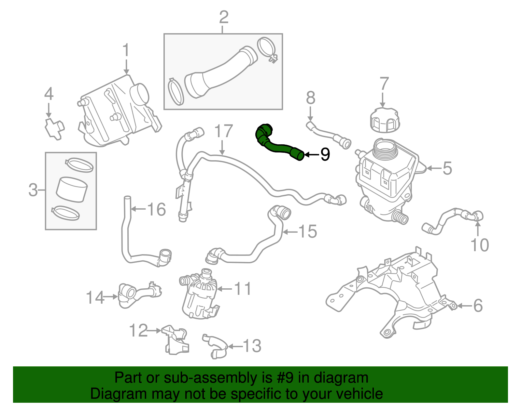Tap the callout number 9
pyautogui.click(x=325, y=154)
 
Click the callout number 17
pyautogui.click(x=224, y=131)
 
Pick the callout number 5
pyautogui.click(x=447, y=168)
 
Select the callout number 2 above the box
pyautogui.click(x=224, y=17)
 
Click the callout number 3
pyautogui.click(x=33, y=190)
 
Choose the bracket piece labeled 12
pyautogui.click(x=176, y=339)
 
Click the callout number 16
pyautogui.click(x=157, y=209)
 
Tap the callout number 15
pyautogui.click(x=308, y=231)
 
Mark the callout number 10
pyautogui.click(x=480, y=245)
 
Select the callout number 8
pyautogui.click(x=311, y=98)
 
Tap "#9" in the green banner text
pyautogui.click(x=285, y=378)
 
